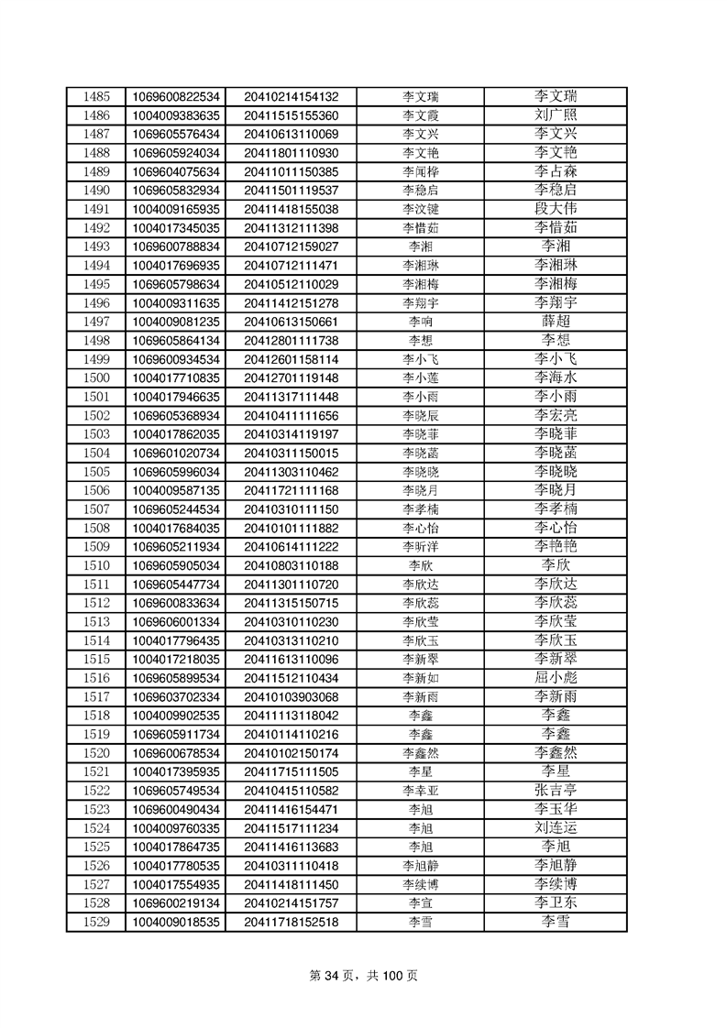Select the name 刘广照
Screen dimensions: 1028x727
[556, 115]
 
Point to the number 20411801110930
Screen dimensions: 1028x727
[292, 153]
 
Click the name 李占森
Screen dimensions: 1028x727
[556, 171]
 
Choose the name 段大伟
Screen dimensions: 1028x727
[556, 209]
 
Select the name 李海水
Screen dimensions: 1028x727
[556, 377]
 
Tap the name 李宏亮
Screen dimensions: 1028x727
[556, 415]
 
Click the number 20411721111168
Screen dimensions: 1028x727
[292, 490]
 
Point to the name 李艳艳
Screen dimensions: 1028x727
[556, 546]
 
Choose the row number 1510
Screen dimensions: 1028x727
[96, 565]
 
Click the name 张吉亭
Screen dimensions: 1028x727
[556, 790]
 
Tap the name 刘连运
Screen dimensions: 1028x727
[556, 827]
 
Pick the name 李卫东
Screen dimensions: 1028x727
[556, 902]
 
